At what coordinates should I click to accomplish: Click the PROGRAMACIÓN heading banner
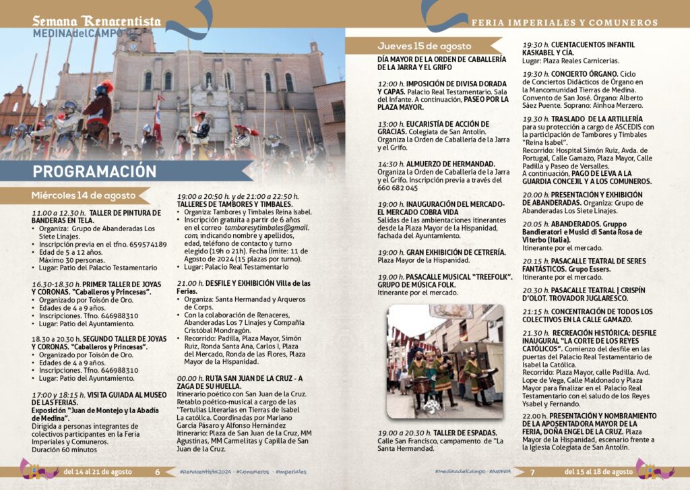point(95,171)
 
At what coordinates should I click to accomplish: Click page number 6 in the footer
point(158,472)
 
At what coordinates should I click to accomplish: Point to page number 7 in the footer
point(532,472)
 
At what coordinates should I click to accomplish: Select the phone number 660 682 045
point(398,188)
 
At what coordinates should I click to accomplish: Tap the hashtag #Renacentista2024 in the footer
point(203,472)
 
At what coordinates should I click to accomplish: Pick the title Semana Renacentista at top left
point(97,21)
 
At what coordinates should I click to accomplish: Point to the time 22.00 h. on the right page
point(536,416)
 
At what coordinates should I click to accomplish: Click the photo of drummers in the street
point(445,361)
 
